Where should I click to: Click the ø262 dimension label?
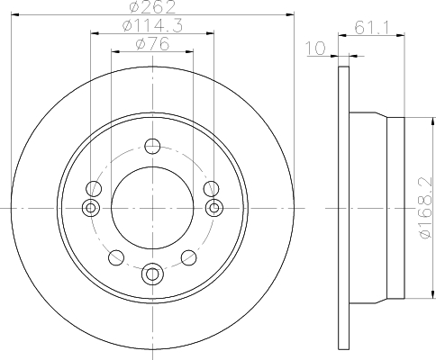pos(152,6)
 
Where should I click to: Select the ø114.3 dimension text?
pos(152,26)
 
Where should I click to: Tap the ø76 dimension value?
pos(152,44)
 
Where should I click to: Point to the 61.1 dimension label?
pos(372,28)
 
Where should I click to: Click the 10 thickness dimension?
pos(315,48)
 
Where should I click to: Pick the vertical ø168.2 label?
pos(425,208)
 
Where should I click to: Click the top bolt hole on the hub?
pos(152,147)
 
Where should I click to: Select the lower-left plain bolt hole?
pos(116,257)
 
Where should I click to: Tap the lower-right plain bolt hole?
pos(189,257)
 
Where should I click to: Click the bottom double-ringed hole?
pos(152,274)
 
